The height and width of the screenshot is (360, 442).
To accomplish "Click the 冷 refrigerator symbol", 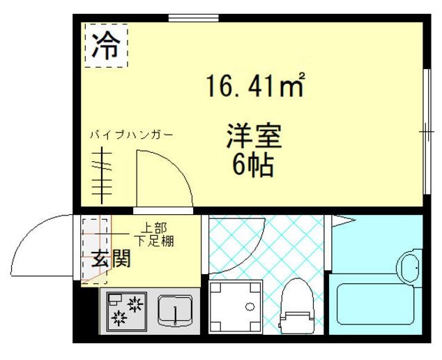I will click(x=107, y=46).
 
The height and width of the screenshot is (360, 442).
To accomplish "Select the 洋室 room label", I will click(x=253, y=135).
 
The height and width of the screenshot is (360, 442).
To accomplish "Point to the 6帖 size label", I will click(x=252, y=165).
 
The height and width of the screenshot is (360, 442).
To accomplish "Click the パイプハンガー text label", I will click(x=129, y=134).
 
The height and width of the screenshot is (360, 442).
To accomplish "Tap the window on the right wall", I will click(x=426, y=130).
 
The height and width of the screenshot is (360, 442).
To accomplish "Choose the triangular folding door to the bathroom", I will click(x=342, y=223).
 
